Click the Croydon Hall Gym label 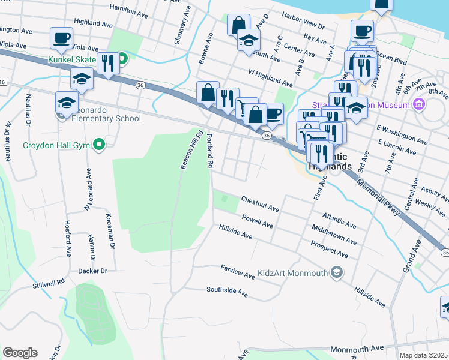click(x=55, y=145)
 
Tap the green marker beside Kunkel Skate click(x=122, y=59)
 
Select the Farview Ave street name click(x=237, y=271)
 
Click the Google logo click(x=20, y=353)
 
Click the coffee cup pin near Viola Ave click(x=61, y=38)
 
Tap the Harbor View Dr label click(x=303, y=26)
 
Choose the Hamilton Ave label click(x=128, y=10)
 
